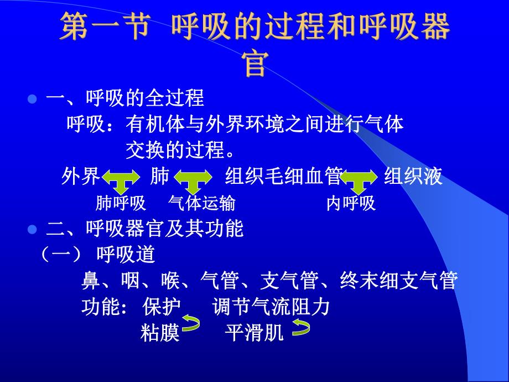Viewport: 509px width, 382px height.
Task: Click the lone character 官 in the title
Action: pyautogui.click(x=256, y=65)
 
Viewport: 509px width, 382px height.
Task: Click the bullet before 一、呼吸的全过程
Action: pyautogui.click(x=32, y=100)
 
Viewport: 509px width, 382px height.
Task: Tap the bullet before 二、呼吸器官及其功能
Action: pyautogui.click(x=32, y=229)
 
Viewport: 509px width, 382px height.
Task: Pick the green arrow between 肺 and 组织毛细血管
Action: pyautogui.click(x=193, y=180)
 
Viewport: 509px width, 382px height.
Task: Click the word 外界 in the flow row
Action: pyautogui.click(x=81, y=177)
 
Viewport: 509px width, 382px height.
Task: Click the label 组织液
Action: pyautogui.click(x=413, y=177)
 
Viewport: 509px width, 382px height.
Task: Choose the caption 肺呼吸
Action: pyautogui.click(x=121, y=204)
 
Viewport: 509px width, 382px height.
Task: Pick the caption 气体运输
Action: pyautogui.click(x=202, y=204)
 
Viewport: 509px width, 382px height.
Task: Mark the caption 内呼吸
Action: pyautogui.click(x=351, y=204)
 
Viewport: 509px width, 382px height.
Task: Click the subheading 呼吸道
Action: pyautogui.click(x=126, y=255)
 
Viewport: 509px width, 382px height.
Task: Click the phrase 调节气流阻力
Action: pyautogui.click(x=271, y=306)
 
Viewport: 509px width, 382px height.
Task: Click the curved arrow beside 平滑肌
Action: pyautogui.click(x=301, y=329)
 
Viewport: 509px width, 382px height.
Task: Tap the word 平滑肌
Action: pyautogui.click(x=254, y=333)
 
